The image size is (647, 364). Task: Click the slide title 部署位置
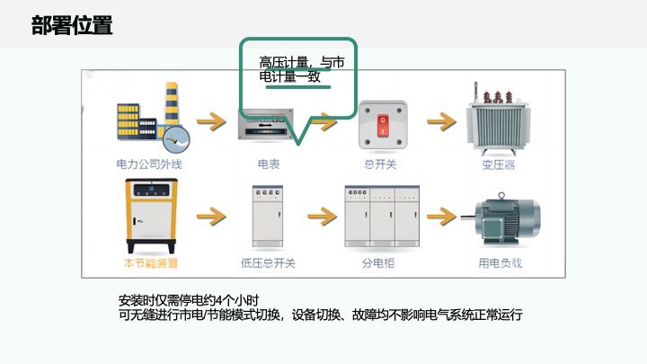72,25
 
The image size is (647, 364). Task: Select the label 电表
269,164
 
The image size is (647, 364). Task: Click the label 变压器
499,165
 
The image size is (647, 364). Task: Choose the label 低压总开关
268,263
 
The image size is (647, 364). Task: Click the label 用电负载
500,263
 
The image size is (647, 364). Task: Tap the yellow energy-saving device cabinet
151,216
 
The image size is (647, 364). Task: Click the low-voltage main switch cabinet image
268,217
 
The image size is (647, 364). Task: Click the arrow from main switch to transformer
441,120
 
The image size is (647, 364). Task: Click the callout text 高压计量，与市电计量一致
302,69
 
